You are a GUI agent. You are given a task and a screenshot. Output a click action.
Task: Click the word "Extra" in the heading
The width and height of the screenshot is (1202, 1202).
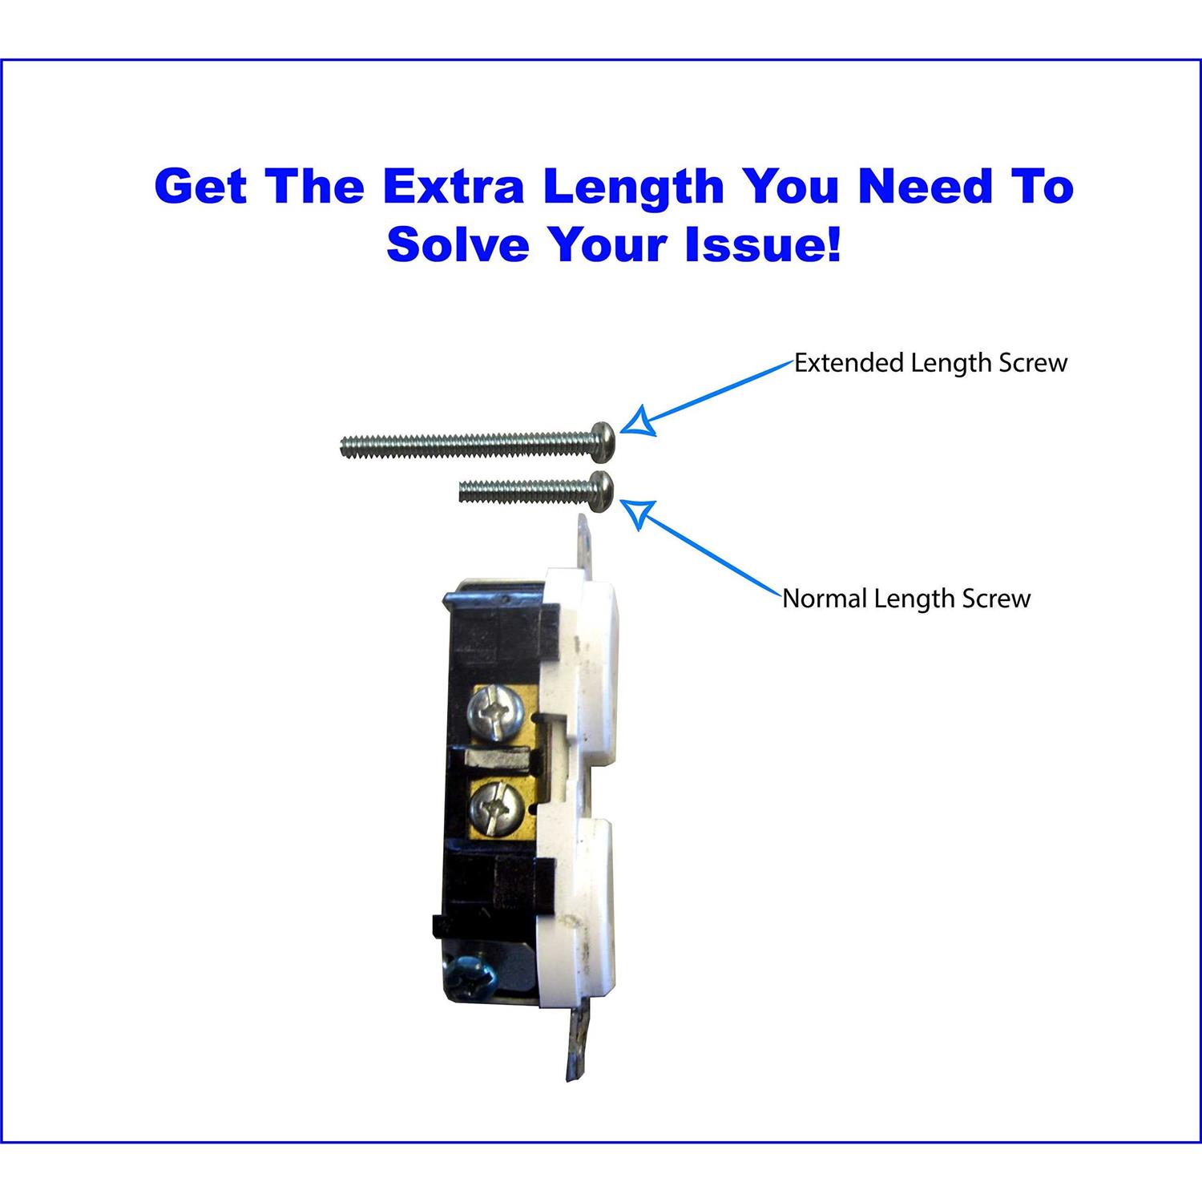click(453, 187)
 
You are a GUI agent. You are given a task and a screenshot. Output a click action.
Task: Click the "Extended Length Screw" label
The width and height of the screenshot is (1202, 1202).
click(930, 363)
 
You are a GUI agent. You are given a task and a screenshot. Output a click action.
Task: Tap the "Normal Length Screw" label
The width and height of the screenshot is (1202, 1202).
click(906, 599)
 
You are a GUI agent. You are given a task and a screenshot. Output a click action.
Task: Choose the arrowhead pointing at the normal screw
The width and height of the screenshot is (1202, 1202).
click(639, 514)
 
